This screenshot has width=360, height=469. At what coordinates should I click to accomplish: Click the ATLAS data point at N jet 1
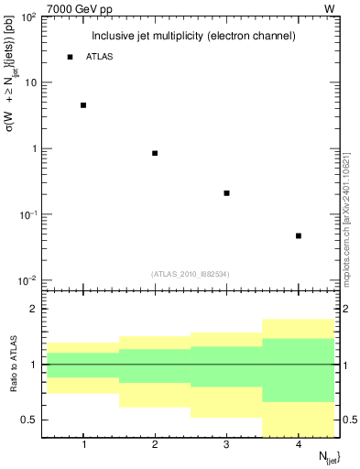[83, 105]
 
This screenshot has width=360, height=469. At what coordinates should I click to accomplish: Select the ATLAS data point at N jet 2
[155, 153]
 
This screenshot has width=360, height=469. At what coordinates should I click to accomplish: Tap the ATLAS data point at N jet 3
[226, 193]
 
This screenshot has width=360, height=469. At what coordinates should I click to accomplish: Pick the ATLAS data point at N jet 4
[299, 236]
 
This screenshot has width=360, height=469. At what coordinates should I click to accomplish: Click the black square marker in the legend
[70, 57]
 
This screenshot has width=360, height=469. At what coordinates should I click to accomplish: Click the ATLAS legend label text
[100, 57]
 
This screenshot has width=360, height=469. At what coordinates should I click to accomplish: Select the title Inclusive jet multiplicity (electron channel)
[193, 36]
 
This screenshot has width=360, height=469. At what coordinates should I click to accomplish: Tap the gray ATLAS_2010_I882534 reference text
[191, 273]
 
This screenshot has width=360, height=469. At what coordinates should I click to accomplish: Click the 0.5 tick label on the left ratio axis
[31, 420]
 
